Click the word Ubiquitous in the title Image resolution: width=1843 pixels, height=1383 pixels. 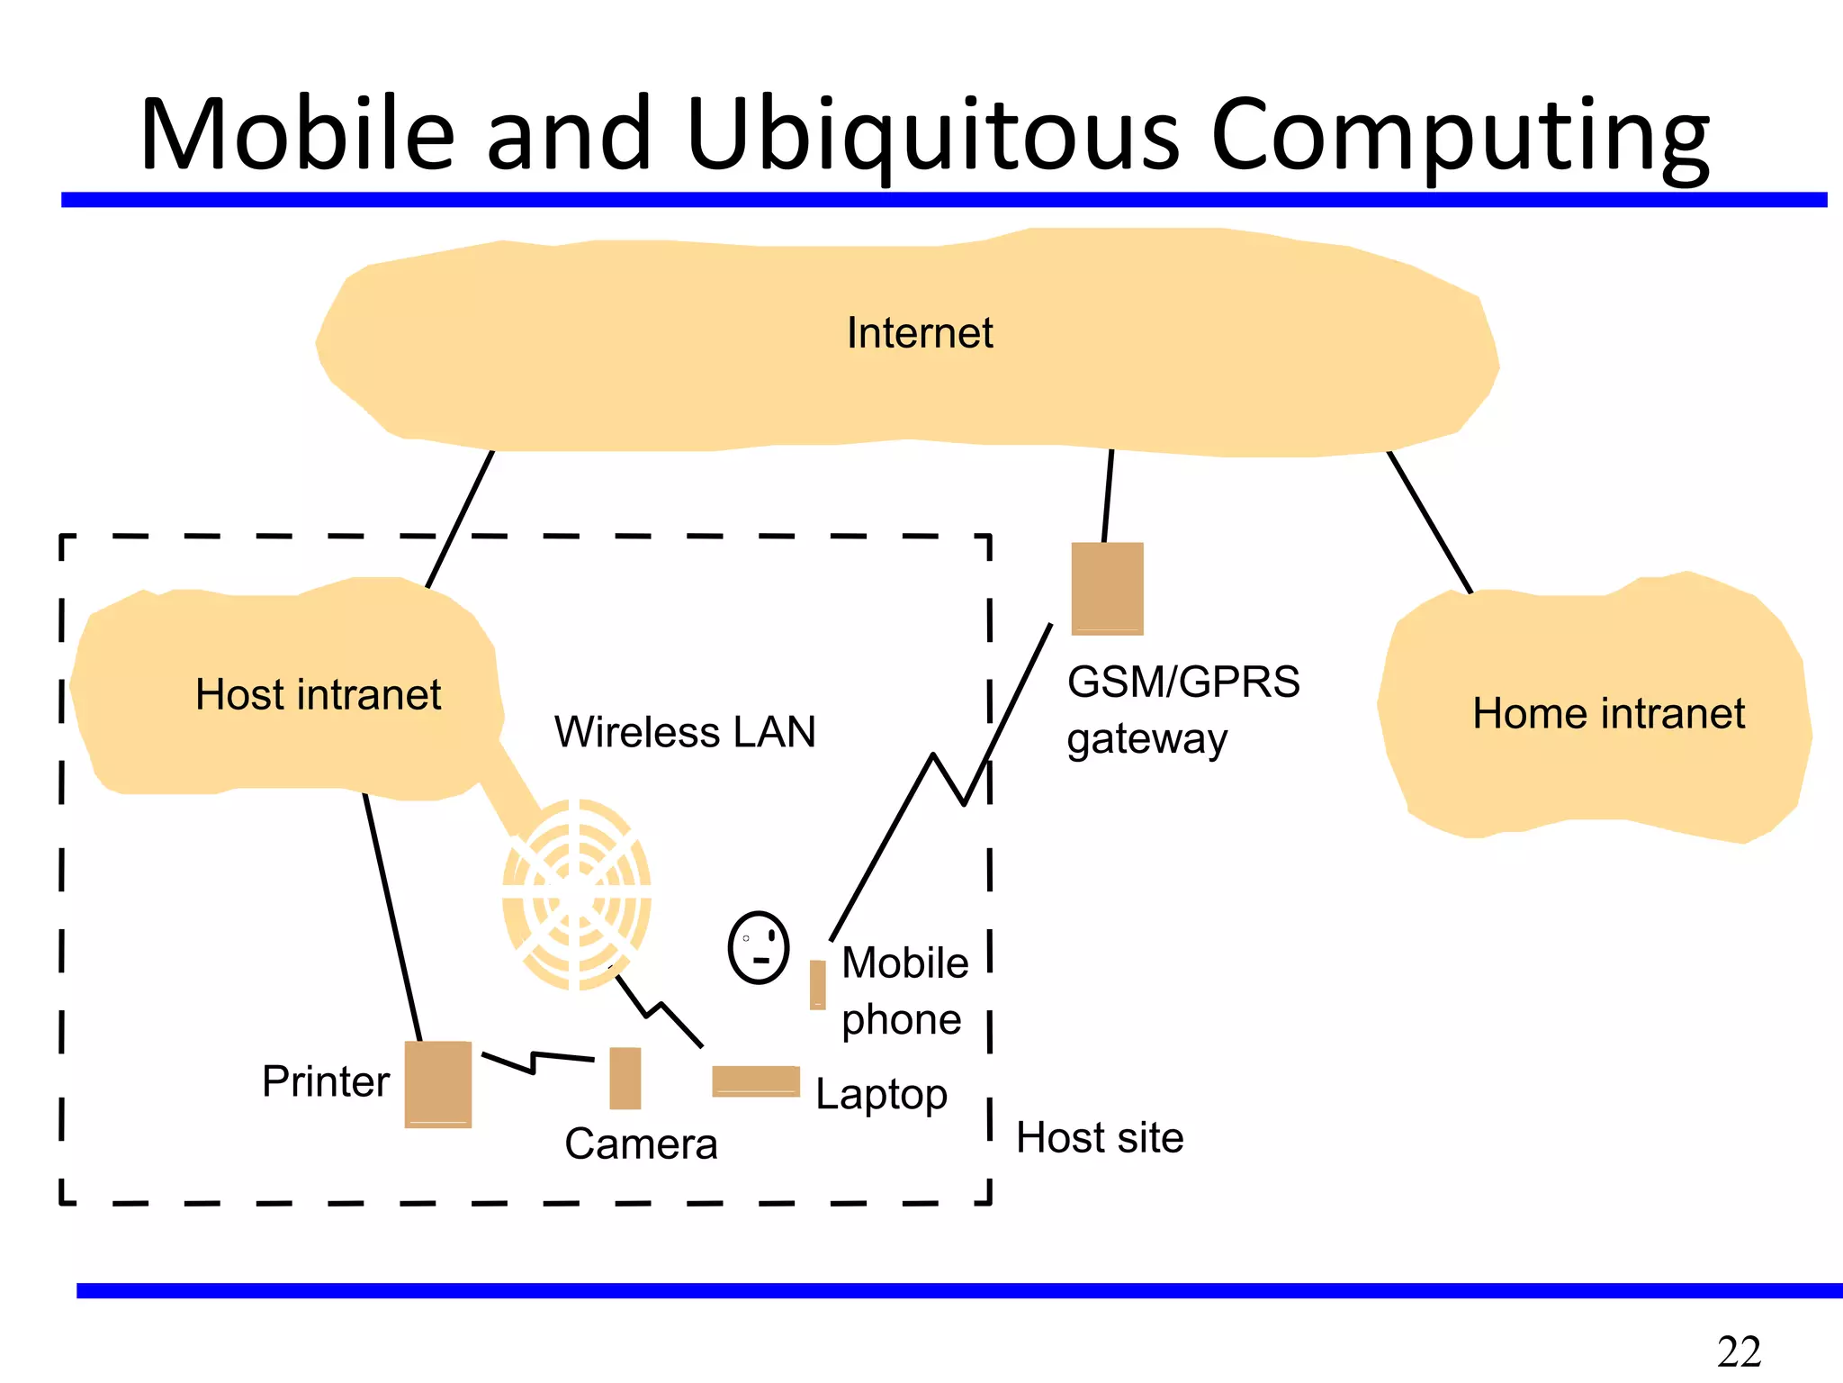pyautogui.click(x=931, y=135)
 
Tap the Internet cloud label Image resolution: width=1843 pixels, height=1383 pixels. pyautogui.click(x=919, y=333)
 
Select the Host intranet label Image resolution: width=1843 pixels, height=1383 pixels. pyautogui.click(x=318, y=695)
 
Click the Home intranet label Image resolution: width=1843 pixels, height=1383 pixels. pyautogui.click(x=1608, y=714)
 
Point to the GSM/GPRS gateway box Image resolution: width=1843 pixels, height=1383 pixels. pyautogui.click(x=1107, y=588)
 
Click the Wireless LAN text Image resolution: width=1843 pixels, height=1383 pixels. pyautogui.click(x=685, y=732)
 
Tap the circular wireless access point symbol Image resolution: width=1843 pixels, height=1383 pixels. pyautogui.click(x=576, y=894)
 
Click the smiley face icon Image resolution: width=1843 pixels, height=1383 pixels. pyautogui.click(x=759, y=948)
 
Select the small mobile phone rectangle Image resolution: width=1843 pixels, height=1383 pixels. pyautogui.click(x=817, y=984)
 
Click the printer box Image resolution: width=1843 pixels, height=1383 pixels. pyautogui.click(x=437, y=1084)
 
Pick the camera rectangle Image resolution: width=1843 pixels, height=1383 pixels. pyautogui.click(x=625, y=1078)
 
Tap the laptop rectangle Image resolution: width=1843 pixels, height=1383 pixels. pyautogui.click(x=755, y=1080)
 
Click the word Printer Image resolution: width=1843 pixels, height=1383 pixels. pyautogui.click(x=325, y=1081)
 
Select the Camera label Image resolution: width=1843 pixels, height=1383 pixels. pyautogui.click(x=641, y=1144)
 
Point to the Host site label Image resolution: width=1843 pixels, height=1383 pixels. pyautogui.click(x=1099, y=1138)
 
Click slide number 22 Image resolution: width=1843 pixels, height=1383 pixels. pyautogui.click(x=1738, y=1351)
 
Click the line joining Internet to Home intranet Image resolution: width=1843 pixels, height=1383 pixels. pyautogui.click(x=1429, y=521)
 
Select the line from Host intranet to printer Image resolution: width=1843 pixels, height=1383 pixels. pyautogui.click(x=392, y=918)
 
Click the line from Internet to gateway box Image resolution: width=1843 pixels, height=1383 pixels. pyautogui.click(x=1108, y=496)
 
